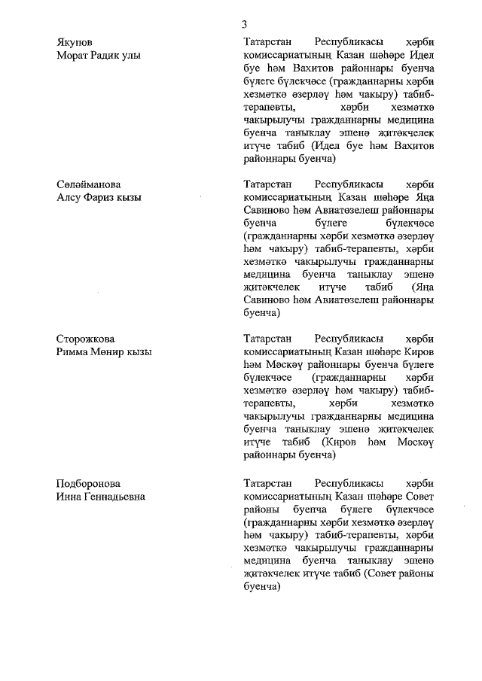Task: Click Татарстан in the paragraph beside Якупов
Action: (x=273, y=41)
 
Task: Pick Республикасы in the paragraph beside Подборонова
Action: (x=349, y=483)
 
